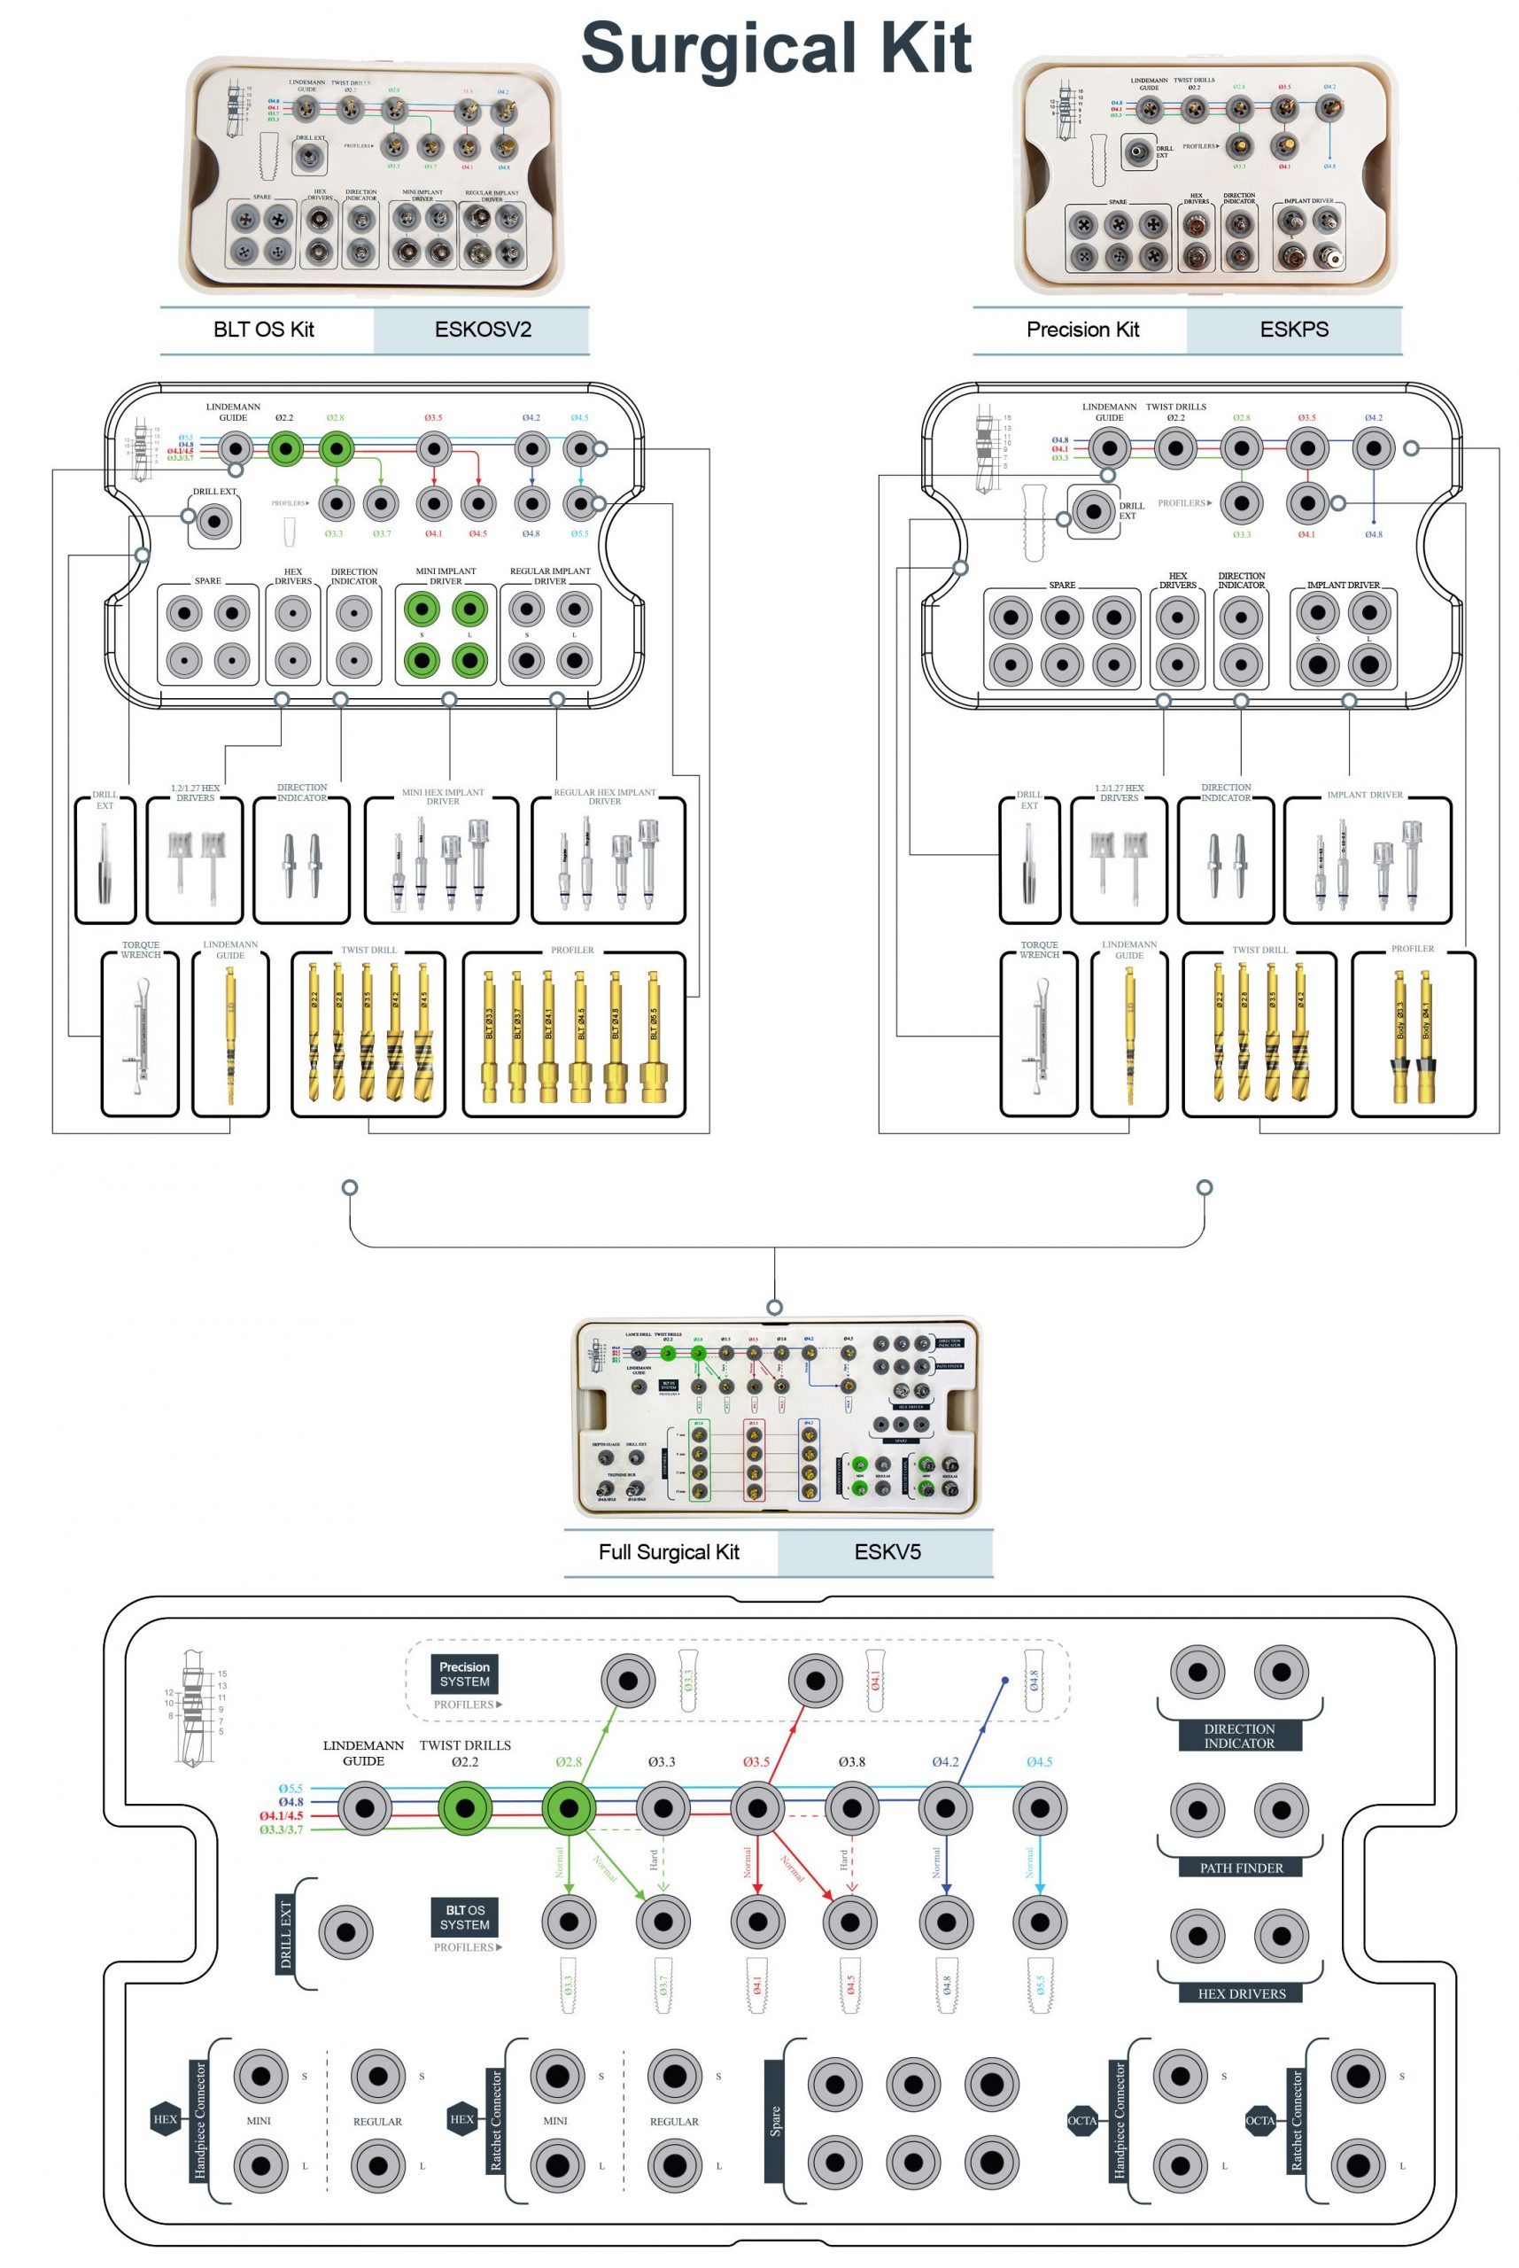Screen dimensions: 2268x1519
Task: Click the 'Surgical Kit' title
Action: (x=775, y=49)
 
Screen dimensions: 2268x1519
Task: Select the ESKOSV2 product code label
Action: (x=482, y=330)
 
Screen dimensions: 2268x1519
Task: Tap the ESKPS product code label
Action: (x=1293, y=330)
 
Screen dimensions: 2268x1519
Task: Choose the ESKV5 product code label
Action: (x=887, y=1552)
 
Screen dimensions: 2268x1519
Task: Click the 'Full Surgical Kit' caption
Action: (x=669, y=1552)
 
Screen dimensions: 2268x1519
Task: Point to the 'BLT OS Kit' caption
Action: (x=264, y=330)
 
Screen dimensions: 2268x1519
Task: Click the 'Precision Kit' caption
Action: (x=1082, y=330)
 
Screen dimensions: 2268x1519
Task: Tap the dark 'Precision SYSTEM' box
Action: (x=464, y=1674)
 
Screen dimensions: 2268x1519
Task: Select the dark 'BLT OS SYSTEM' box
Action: (x=464, y=1917)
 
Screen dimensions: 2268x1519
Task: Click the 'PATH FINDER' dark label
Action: (x=1240, y=1868)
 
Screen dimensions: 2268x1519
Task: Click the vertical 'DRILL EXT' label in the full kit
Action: (x=286, y=1936)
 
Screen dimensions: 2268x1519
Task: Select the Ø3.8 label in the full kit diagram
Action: (x=851, y=1762)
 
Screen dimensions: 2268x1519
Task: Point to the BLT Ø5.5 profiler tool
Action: (x=655, y=1042)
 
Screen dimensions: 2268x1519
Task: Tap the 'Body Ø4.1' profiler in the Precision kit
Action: (x=1426, y=1042)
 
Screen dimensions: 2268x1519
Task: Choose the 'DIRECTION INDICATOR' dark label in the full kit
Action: (x=1239, y=1736)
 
